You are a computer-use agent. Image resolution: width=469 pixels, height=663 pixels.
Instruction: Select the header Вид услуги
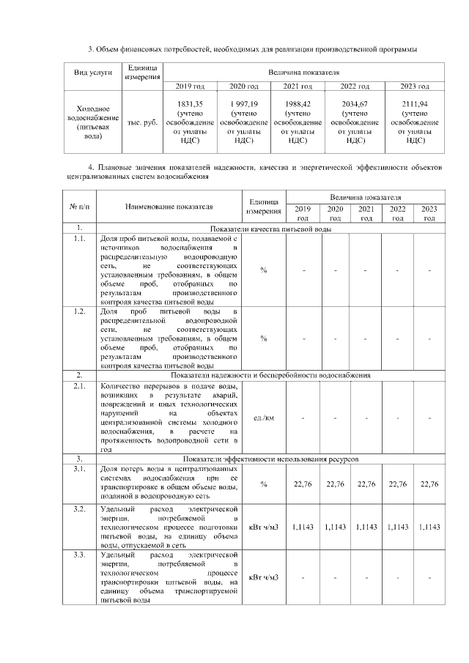92,73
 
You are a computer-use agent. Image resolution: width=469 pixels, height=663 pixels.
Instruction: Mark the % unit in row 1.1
263,270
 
